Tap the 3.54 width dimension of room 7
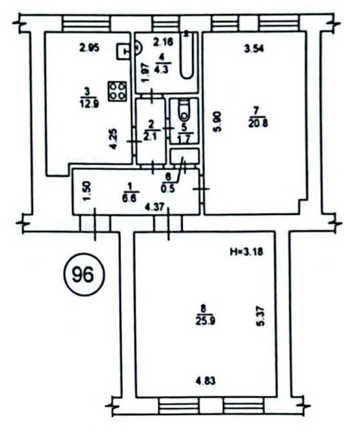(x=255, y=47)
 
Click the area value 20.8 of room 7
(x=259, y=124)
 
